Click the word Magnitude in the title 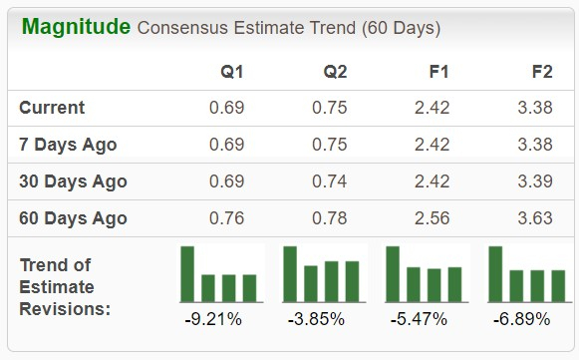pyautogui.click(x=75, y=26)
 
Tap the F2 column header pyautogui.click(x=542, y=72)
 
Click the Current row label pyautogui.click(x=52, y=108)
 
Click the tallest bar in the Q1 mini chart pyautogui.click(x=187, y=273)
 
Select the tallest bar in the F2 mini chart pyautogui.click(x=496, y=273)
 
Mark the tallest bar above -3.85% pyautogui.click(x=290, y=273)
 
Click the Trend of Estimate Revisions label pyautogui.click(x=65, y=286)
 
